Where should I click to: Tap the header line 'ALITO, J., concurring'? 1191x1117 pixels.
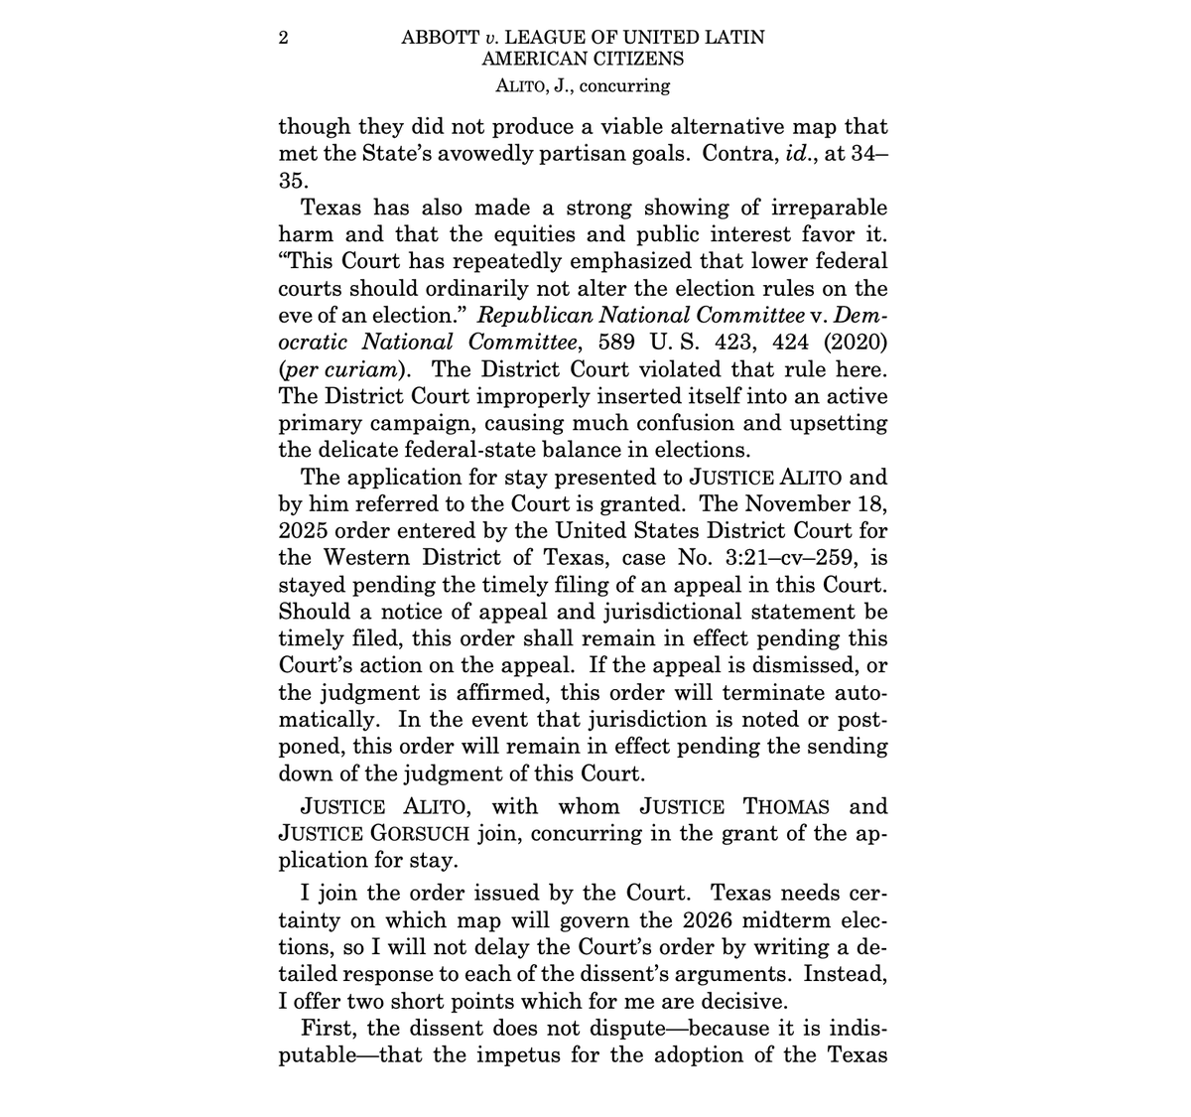pyautogui.click(x=583, y=85)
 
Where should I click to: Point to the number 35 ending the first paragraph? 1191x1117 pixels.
pyautogui.click(x=294, y=182)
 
